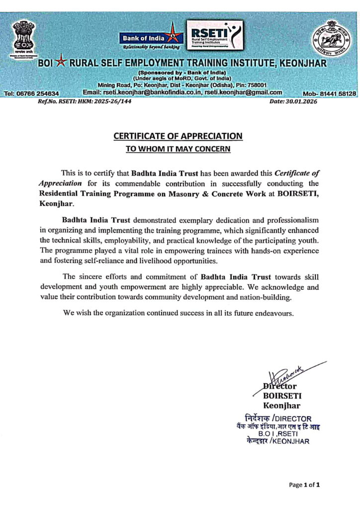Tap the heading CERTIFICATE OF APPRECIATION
click(178, 136)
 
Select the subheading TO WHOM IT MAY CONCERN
click(178, 148)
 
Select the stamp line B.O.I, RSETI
click(282, 433)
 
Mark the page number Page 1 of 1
click(304, 485)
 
